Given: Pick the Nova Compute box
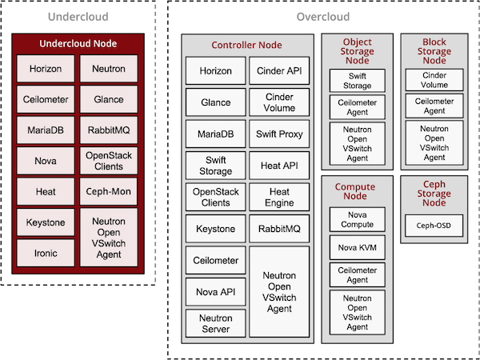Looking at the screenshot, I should click(357, 219).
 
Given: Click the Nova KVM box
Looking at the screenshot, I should click(357, 247).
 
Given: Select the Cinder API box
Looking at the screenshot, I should click(280, 71).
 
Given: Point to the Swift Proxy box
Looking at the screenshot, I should click(280, 134).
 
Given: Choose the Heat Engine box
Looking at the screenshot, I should click(280, 198).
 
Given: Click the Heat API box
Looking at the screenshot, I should click(280, 166).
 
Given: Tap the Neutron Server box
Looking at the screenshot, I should click(214, 323).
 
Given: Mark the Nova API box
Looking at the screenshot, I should click(214, 291).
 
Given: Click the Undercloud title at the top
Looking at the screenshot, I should click(78, 17).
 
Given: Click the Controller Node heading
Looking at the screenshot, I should click(246, 45).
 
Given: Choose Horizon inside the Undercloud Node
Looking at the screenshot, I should click(46, 69).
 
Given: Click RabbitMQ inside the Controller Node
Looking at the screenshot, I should click(280, 230).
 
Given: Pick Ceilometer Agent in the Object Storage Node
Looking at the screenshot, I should click(357, 106).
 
